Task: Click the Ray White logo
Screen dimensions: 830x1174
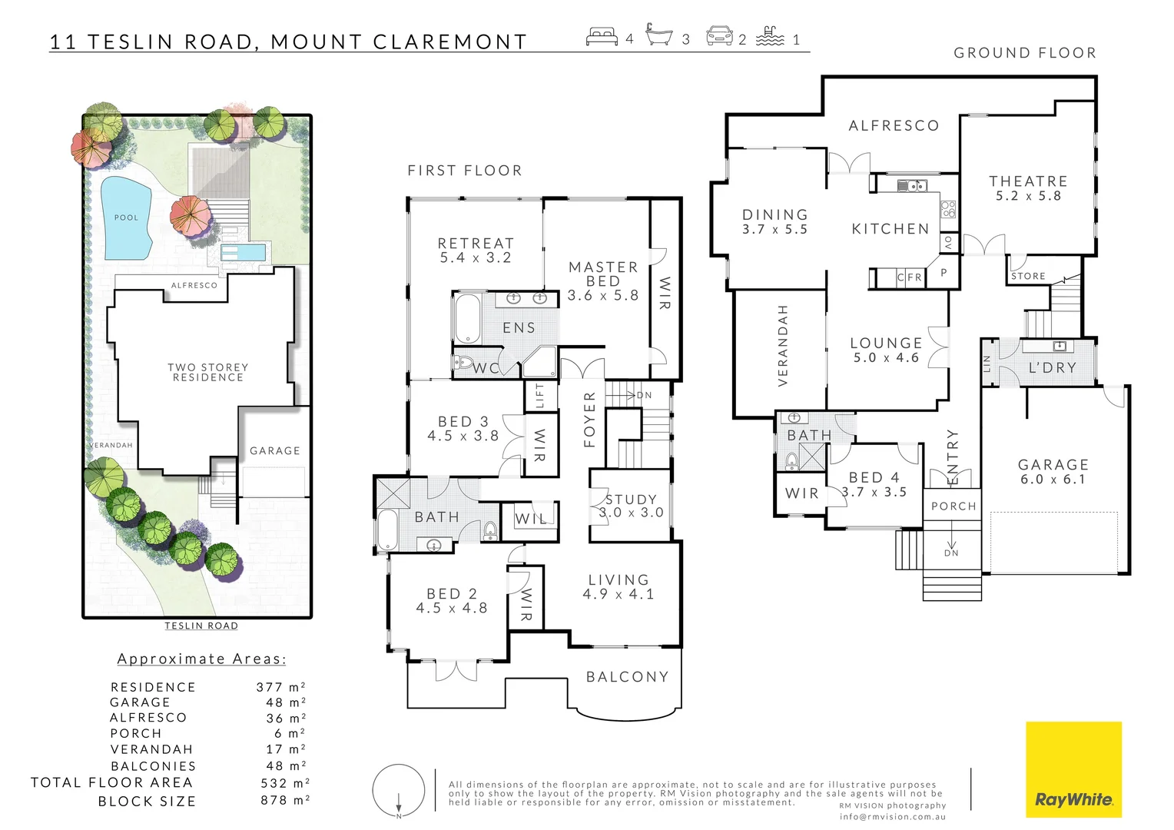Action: click(x=1073, y=770)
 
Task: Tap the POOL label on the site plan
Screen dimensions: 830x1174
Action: click(x=126, y=217)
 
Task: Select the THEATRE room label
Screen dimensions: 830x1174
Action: click(x=1028, y=181)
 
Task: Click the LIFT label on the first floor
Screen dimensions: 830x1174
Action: click(x=540, y=395)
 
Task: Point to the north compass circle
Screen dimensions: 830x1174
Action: click(x=399, y=791)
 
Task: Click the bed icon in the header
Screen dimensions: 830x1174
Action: click(x=602, y=36)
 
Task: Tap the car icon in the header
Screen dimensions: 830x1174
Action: click(x=719, y=36)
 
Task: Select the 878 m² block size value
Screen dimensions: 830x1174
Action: click(x=284, y=800)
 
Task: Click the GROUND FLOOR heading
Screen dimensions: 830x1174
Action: click(x=1024, y=53)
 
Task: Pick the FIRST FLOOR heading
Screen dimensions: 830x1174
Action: click(x=464, y=171)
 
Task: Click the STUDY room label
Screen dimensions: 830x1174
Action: click(x=631, y=500)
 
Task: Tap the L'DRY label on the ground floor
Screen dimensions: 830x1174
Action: click(x=1052, y=368)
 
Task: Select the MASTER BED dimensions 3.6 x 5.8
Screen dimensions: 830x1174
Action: click(x=603, y=296)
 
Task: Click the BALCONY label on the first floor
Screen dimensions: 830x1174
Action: click(x=627, y=677)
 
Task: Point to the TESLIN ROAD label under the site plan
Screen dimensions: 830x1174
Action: click(x=201, y=626)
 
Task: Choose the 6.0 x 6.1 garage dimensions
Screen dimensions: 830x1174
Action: click(x=1053, y=480)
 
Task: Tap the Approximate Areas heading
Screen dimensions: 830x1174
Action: click(x=201, y=659)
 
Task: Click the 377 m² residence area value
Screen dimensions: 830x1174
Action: click(x=281, y=687)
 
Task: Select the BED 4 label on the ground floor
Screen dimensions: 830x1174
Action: click(x=874, y=478)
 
